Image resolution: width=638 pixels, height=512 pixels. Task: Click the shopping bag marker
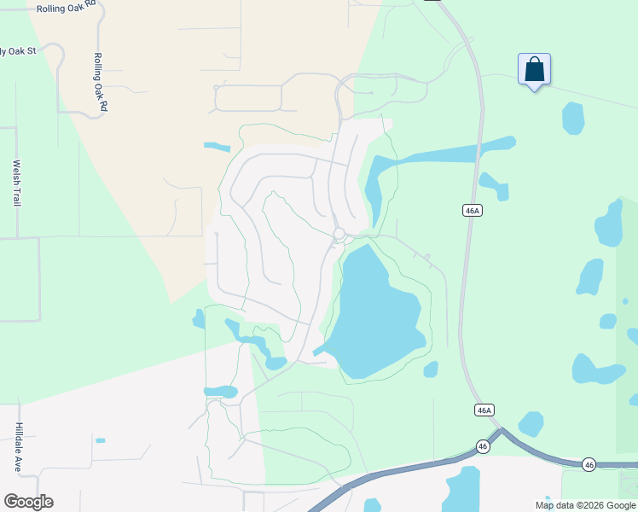[x=534, y=70]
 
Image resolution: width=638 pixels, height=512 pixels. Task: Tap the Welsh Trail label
[x=15, y=183]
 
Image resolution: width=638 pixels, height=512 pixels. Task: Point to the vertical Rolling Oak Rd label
[x=99, y=82]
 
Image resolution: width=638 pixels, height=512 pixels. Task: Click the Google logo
[x=28, y=502]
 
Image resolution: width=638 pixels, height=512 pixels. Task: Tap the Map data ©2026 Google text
[x=584, y=505]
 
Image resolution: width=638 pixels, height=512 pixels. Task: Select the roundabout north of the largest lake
[x=339, y=233]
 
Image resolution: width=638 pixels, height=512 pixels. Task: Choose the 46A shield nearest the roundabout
[x=473, y=211]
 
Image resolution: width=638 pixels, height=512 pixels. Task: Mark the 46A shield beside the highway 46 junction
[x=484, y=410]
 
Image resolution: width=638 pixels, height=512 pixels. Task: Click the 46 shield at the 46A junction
[x=483, y=446]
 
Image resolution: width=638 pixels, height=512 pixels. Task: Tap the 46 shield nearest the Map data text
[x=589, y=464]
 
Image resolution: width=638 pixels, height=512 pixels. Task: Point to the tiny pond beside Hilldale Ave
[x=100, y=440]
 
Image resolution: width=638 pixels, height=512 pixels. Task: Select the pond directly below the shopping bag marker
[x=573, y=118]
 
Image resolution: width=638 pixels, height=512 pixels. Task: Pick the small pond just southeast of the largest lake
[x=431, y=369]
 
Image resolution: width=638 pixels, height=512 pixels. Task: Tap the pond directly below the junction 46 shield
[x=463, y=488]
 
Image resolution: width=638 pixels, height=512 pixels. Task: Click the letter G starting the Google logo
[x=11, y=502]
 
